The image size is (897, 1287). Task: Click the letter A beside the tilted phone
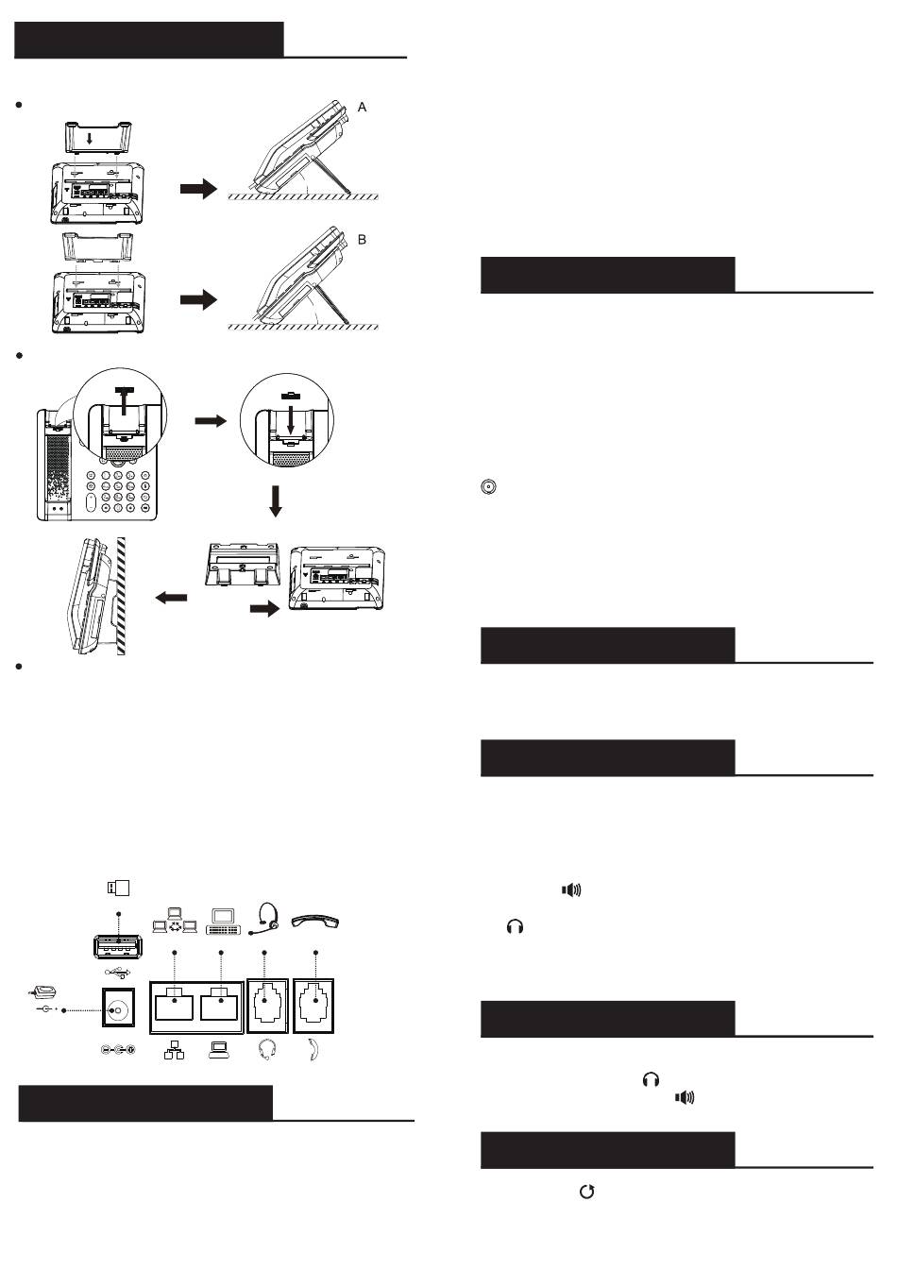click(x=362, y=108)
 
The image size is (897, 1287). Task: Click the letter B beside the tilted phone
click(x=362, y=240)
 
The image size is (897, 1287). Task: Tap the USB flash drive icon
click(x=118, y=888)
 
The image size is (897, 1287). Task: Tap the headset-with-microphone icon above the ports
click(x=265, y=919)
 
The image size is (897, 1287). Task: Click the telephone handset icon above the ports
click(x=315, y=921)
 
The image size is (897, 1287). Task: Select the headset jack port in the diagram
click(x=267, y=1006)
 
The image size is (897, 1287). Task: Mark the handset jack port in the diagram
click(x=313, y=1006)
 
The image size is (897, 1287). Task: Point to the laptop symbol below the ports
click(x=218, y=1050)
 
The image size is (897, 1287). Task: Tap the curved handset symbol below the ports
click(x=313, y=1050)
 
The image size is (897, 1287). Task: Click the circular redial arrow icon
click(x=586, y=1192)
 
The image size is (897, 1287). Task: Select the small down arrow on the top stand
click(x=89, y=139)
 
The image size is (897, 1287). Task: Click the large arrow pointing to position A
click(x=199, y=189)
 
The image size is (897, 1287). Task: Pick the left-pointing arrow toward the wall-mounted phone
click(x=171, y=598)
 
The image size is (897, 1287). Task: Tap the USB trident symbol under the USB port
click(x=118, y=973)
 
